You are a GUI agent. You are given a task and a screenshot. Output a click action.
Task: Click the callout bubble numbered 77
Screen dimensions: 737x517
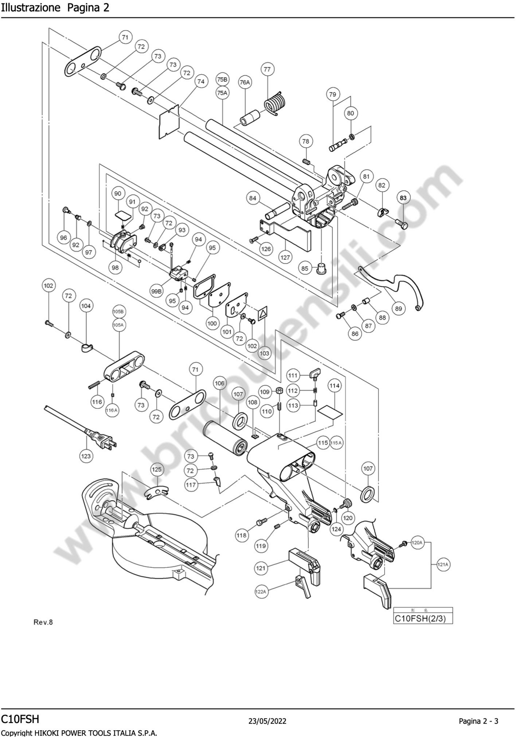pyautogui.click(x=267, y=69)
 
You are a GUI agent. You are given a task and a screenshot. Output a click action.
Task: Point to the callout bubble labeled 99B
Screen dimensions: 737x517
pyautogui.click(x=156, y=291)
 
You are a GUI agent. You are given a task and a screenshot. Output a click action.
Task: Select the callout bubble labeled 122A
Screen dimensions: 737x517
pyautogui.click(x=261, y=592)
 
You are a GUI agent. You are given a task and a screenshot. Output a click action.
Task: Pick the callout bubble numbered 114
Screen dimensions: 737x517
pyautogui.click(x=334, y=386)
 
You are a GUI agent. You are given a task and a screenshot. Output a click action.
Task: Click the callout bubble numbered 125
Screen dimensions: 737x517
pyautogui.click(x=156, y=470)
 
